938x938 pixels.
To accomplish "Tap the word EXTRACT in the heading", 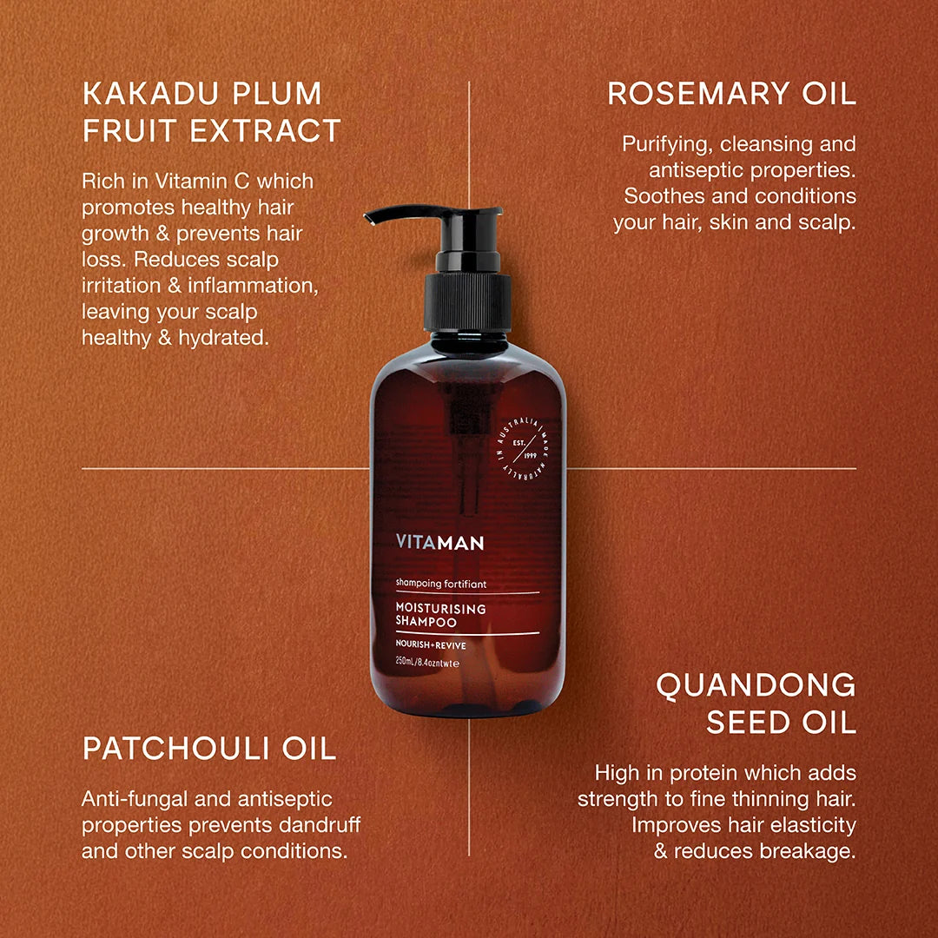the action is pos(265,131).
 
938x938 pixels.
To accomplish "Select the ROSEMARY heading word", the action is pos(697,93).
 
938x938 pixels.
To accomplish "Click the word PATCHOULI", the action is pos(174,749).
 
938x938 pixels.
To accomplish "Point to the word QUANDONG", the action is pos(756,685).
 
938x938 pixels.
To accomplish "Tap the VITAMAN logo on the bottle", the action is pos(439,543).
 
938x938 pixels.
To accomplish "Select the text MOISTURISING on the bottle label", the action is pos(441,608).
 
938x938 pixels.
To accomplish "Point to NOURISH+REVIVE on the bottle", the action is pos(431,644).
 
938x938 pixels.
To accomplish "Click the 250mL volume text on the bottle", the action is pos(405,662).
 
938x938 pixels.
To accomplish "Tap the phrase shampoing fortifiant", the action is pos(441,584).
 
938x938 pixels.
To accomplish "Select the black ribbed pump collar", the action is pos(468,302).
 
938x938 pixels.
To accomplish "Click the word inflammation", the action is pos(253,286).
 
